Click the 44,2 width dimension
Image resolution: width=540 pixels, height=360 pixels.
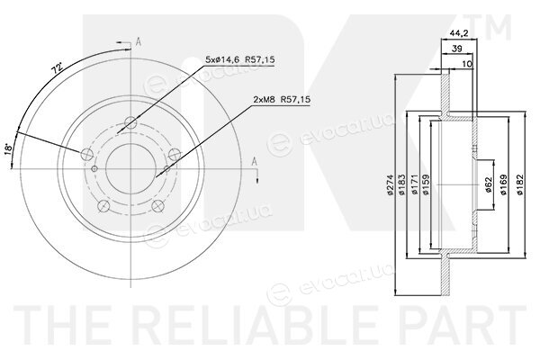pos(459,33)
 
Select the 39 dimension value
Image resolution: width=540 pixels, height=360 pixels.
pos(456,49)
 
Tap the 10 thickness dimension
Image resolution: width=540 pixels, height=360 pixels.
pos(467,64)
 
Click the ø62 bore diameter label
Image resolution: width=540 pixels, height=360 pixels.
pos(488,184)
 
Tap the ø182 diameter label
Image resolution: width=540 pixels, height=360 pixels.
pos(520,184)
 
